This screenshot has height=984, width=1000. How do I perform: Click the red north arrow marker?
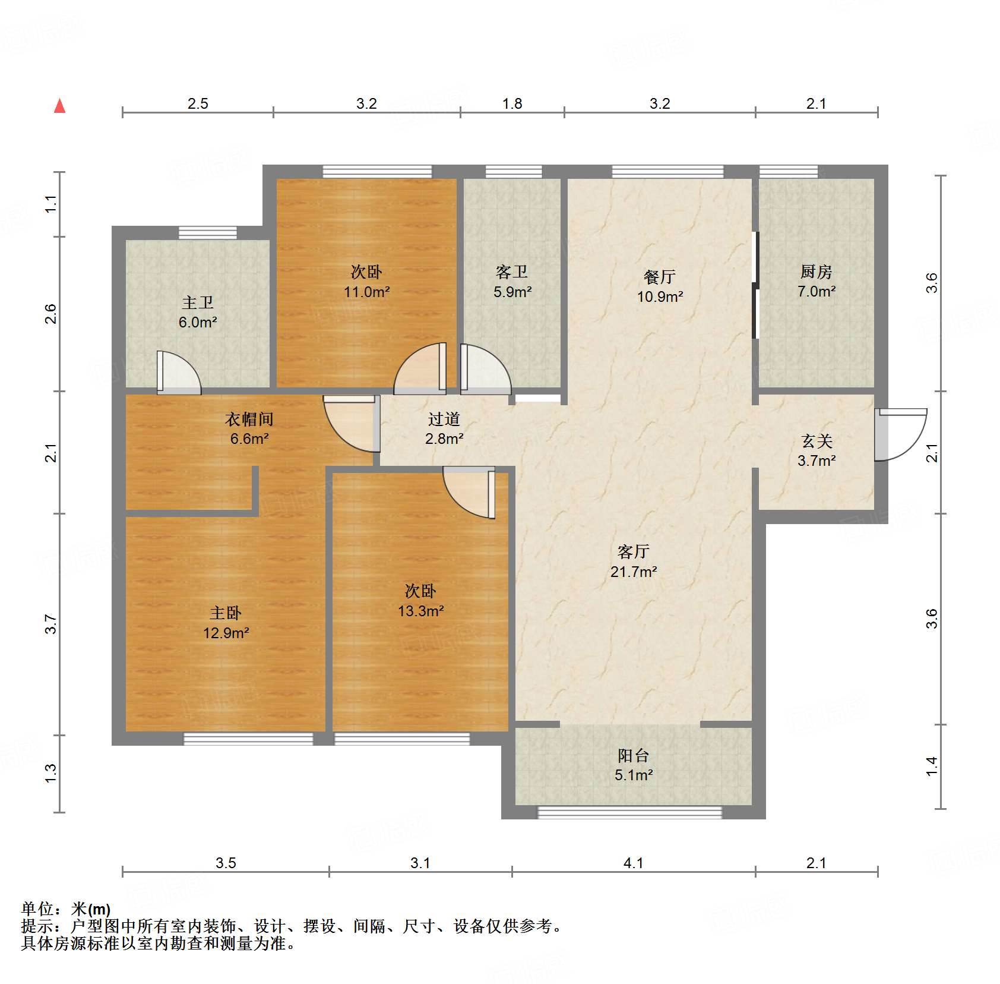coord(59,106)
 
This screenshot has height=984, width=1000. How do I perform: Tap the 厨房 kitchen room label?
coord(816,272)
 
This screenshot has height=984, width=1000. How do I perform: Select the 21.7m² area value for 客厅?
coord(633,572)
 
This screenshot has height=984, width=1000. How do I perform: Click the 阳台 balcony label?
coord(633,755)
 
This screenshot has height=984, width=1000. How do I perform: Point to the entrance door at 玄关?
coord(900,434)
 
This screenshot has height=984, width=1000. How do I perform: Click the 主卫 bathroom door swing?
coord(178,373)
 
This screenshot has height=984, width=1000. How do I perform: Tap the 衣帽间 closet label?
coord(249,420)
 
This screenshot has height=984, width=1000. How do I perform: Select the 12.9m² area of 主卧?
coord(226,633)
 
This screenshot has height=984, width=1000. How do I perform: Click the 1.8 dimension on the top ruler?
coord(512,104)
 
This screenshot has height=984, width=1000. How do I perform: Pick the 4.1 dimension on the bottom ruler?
coord(633,863)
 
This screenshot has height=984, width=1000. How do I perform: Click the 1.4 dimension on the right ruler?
coord(932,766)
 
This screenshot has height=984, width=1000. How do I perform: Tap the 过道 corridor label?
coord(444,420)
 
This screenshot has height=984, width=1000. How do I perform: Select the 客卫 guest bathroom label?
coord(511,272)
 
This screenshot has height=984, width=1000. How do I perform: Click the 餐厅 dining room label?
coord(659,277)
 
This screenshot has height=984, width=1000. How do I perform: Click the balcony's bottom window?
coord(629,812)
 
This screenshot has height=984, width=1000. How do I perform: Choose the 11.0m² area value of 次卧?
coord(366,292)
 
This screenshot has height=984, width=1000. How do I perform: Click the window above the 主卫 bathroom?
coord(208,232)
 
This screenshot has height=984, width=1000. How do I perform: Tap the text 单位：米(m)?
coord(66,909)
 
